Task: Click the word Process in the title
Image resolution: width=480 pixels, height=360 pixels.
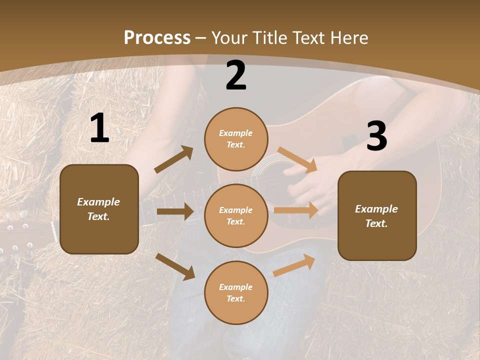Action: tap(157, 37)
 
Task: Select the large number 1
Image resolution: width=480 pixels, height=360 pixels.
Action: tap(99, 129)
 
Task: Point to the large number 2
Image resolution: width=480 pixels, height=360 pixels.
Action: tap(236, 76)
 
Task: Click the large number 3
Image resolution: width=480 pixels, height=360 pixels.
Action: tap(376, 136)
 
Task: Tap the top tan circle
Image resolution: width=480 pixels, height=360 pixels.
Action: tap(236, 138)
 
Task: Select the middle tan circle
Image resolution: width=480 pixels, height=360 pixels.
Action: tap(236, 215)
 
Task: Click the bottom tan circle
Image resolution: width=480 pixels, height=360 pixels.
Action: tap(236, 292)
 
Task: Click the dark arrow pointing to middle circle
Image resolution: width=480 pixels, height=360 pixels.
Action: tap(174, 211)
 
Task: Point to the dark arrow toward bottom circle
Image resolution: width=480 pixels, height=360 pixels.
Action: tap(175, 266)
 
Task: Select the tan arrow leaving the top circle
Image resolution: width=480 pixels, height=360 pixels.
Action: tap(297, 159)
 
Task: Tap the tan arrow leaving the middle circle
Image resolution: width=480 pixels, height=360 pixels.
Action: tap(296, 210)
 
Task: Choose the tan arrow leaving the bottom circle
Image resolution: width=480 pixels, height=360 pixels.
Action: tap(294, 265)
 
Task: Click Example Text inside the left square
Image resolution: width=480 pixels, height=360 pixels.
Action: tap(98, 209)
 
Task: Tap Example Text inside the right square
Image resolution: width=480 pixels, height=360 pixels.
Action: tap(376, 216)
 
